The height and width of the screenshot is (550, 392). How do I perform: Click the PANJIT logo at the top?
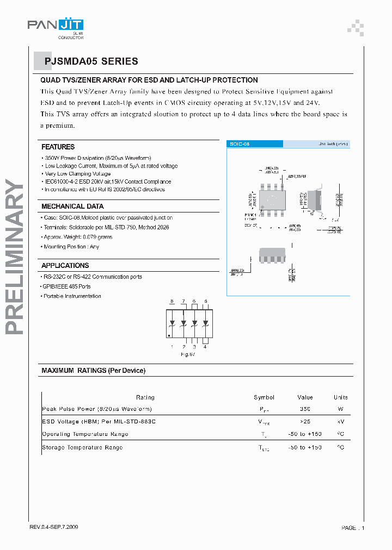[56, 25]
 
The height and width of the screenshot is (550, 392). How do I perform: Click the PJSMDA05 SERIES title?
[91, 62]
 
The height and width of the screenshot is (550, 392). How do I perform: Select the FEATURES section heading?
[58, 147]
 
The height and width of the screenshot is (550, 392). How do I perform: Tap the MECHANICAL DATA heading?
[72, 207]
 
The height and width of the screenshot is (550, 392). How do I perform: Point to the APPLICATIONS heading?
[65, 266]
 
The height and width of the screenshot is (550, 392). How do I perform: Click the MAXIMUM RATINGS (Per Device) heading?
[94, 371]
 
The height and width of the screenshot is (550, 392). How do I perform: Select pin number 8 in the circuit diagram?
[171, 301]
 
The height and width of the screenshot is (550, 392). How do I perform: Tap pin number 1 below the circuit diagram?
[171, 346]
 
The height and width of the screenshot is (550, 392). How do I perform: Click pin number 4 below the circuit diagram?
[205, 346]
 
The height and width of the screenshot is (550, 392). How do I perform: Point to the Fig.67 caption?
[188, 354]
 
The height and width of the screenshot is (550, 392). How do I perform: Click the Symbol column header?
[264, 397]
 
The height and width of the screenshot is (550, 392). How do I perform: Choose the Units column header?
[341, 397]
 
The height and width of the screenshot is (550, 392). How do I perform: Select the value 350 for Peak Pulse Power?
[305, 409]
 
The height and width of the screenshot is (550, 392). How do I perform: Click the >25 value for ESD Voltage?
[305, 421]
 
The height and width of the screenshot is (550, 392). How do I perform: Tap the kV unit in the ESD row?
[341, 421]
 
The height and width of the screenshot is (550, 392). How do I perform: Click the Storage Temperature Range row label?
[82, 447]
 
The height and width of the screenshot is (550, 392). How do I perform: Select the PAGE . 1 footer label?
[353, 528]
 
